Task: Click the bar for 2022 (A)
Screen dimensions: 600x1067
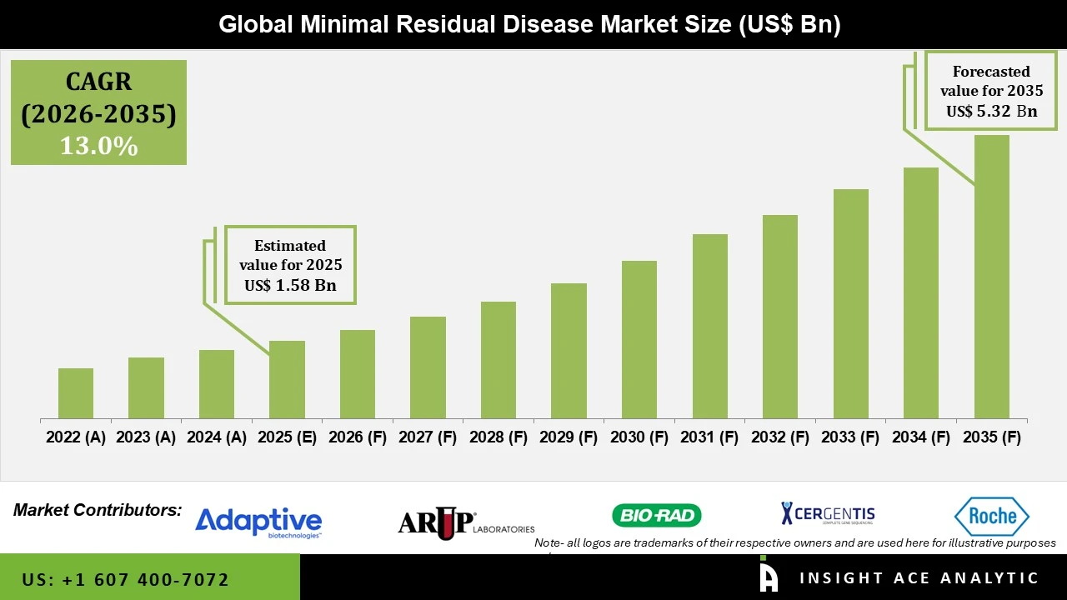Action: tap(76, 393)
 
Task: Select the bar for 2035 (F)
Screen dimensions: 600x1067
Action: tap(991, 277)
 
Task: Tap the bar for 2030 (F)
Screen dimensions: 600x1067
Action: tap(639, 339)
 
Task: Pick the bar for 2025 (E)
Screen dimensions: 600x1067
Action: tap(287, 379)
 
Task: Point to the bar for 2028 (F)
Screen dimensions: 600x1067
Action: tap(498, 360)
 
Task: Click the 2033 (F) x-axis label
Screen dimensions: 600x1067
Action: tap(850, 437)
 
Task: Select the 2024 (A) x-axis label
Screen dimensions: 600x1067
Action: tap(217, 437)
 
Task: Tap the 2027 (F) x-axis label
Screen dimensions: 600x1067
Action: tap(428, 437)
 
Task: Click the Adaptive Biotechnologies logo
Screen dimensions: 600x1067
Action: tap(258, 522)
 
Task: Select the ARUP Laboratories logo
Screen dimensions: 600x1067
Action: tap(465, 522)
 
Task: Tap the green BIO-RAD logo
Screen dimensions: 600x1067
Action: tap(657, 516)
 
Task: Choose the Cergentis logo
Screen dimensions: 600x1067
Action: tap(828, 514)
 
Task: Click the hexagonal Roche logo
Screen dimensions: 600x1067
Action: tap(992, 517)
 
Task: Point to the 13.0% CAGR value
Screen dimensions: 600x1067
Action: tap(98, 146)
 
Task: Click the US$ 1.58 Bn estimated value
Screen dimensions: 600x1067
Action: tap(290, 286)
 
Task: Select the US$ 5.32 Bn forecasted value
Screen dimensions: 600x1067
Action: tap(991, 112)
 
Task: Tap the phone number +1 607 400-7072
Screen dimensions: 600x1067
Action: tap(125, 579)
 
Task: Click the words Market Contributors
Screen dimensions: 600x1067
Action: tap(98, 510)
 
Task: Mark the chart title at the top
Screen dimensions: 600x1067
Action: tap(529, 24)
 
